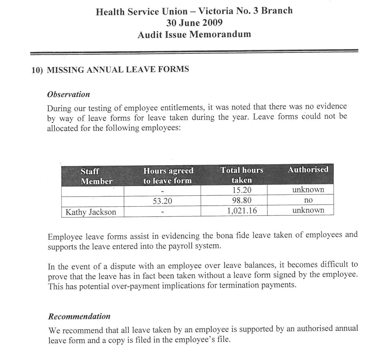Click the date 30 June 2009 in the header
coord(194,23)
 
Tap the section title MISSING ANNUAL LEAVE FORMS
coord(118,70)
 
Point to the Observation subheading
coord(68,94)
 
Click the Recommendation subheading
coord(79,316)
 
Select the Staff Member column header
coord(96,176)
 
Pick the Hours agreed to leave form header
coord(168,176)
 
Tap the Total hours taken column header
coord(242,175)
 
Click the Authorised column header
coord(308,170)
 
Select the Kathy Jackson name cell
coord(91,212)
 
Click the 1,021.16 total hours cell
coord(242,211)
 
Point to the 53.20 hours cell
coord(162,201)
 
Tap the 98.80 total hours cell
coord(242,200)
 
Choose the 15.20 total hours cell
coord(242,190)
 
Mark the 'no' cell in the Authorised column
coord(308,200)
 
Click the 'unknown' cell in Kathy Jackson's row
coord(308,210)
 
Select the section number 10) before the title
coord(37,70)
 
